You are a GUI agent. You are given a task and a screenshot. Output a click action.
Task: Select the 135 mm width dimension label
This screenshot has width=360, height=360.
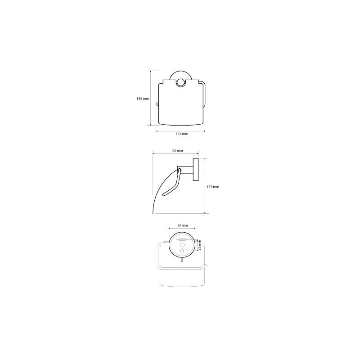[x=182, y=134]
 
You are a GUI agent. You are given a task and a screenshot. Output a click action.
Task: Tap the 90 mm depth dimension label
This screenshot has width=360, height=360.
[x=177, y=151]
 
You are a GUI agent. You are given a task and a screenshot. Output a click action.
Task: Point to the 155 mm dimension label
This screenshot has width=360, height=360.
[x=213, y=187]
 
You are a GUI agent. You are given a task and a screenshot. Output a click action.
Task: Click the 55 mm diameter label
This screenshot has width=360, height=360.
[x=182, y=225]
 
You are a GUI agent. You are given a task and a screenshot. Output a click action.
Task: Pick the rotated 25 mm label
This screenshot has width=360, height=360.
[x=199, y=245]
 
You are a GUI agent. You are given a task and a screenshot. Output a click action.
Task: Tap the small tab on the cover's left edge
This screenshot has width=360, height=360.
[x=157, y=104]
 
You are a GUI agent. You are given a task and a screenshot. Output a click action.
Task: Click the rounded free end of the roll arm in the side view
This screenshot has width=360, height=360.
[x=164, y=195]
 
